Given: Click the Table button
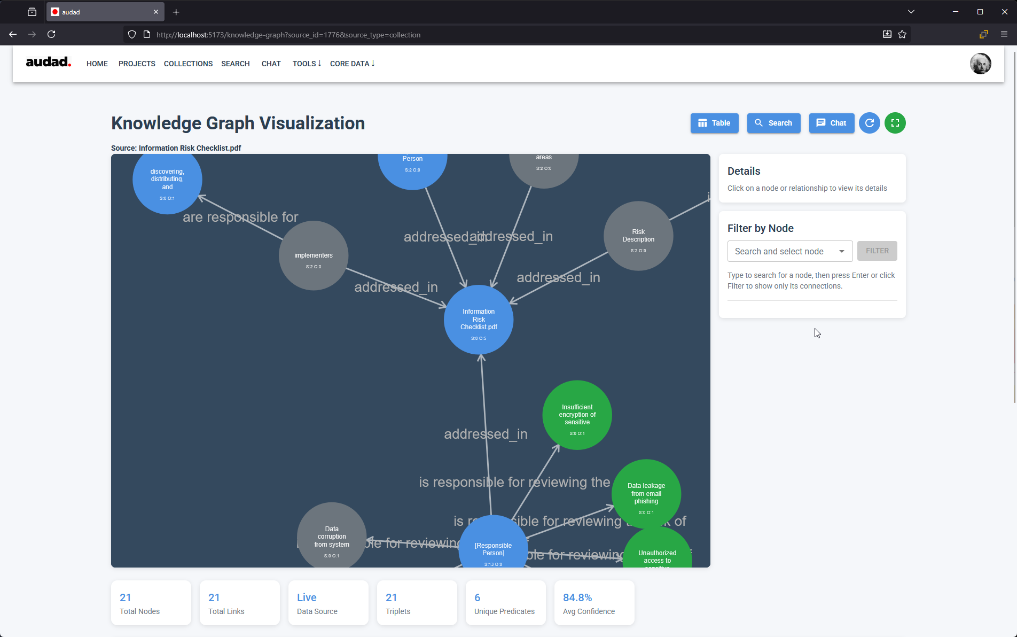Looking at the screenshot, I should coord(714,123).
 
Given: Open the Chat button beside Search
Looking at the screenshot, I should coord(831,123).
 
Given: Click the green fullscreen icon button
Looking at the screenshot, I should coord(895,123).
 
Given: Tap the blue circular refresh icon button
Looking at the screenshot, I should coord(869,123).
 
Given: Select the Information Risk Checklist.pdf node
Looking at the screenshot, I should coord(478,320).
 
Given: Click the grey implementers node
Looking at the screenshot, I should coord(314,256).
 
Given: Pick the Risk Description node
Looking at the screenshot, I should coord(638,236).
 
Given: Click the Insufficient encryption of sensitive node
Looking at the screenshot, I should coord(577,415).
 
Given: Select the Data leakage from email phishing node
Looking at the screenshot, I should coord(646,494).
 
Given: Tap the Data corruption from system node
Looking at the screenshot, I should coord(332,537).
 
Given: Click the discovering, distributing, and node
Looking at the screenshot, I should coord(167,180).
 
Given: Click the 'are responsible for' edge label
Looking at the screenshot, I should coord(240,217).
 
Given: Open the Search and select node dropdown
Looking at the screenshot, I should coord(789,251).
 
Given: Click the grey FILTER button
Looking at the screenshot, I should coord(877,251).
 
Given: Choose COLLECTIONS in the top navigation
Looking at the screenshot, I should coord(188,64).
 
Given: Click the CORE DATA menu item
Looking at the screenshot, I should coord(352,64).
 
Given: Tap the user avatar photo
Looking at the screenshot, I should coord(980,64).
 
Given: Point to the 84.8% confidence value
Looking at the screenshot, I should coord(577,597).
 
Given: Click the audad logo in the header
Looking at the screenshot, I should coord(48,62).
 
